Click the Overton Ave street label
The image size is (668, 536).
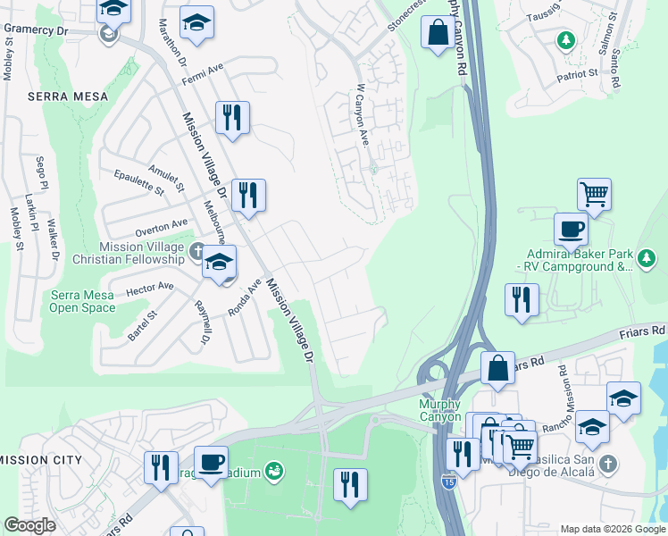[162, 226]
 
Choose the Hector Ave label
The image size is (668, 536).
[149, 288]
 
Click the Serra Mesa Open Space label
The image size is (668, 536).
[82, 301]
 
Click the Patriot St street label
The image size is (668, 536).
[578, 75]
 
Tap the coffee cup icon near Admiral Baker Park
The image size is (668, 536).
[571, 230]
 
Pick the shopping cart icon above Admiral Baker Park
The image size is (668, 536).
[594, 193]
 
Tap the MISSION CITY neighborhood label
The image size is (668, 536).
[40, 460]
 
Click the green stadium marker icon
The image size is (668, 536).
[275, 469]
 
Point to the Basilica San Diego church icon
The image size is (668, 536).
[607, 464]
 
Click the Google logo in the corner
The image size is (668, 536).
[29, 524]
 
